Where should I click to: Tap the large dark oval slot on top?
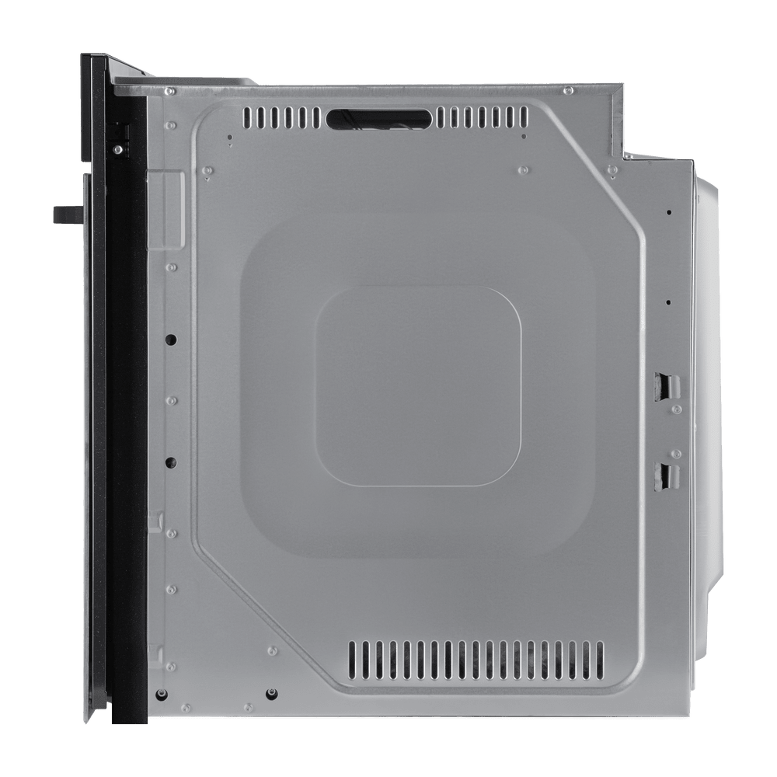pos(378,117)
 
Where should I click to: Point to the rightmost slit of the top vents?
pos(525,118)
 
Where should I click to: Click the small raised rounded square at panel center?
pos(417,386)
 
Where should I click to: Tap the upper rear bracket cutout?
pos(666,385)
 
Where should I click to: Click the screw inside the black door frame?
pos(117,145)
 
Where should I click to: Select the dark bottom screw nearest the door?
pos(161,693)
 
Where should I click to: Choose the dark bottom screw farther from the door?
pos(270,693)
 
